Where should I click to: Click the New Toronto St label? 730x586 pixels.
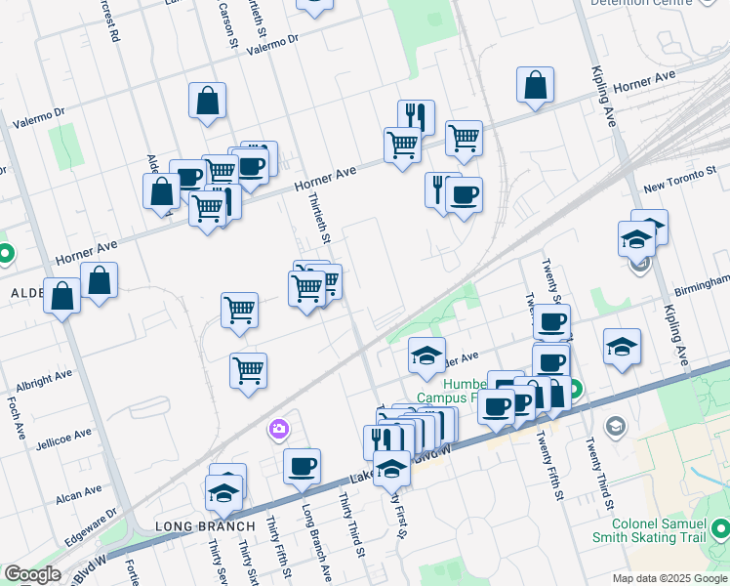click(x=681, y=186)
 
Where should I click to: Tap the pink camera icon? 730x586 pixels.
click(x=279, y=429)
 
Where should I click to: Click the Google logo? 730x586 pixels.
click(x=32, y=574)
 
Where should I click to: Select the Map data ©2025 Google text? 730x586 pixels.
click(x=669, y=578)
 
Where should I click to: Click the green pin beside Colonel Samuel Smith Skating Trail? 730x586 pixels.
click(x=719, y=529)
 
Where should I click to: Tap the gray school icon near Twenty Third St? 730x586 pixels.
click(x=616, y=427)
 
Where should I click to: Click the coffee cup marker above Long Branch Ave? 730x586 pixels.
click(x=303, y=466)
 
